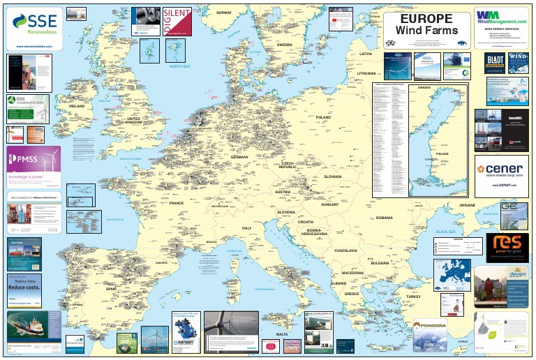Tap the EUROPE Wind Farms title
427,24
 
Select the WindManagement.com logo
500,18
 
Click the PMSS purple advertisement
33,165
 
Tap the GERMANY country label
239,158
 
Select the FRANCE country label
176,203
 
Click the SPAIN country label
110,288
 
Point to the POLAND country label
323,117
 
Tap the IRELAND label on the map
76,106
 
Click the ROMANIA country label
385,218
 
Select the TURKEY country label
414,297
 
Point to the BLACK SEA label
445,231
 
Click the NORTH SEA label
179,66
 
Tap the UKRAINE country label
467,205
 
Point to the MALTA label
282,334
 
